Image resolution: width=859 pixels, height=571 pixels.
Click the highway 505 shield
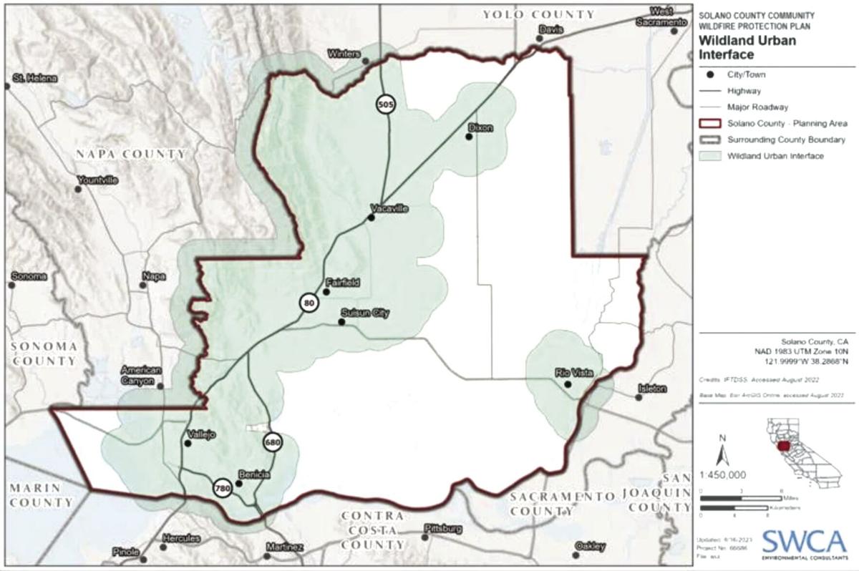386,104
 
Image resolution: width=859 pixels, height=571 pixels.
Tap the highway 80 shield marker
309,303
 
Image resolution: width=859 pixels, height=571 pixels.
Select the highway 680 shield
273,442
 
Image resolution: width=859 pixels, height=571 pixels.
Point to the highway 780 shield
222,488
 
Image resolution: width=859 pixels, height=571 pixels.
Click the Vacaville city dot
371,218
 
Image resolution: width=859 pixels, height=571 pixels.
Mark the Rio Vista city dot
567,384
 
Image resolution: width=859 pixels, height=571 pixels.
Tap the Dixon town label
480,127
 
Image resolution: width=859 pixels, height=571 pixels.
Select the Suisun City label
365,313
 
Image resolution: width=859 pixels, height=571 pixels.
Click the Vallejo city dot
188,443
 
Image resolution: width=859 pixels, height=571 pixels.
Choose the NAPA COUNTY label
131,155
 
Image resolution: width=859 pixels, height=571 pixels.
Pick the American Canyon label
141,376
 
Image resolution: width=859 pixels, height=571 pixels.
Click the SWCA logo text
804,538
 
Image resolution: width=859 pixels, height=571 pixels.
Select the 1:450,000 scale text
724,474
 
